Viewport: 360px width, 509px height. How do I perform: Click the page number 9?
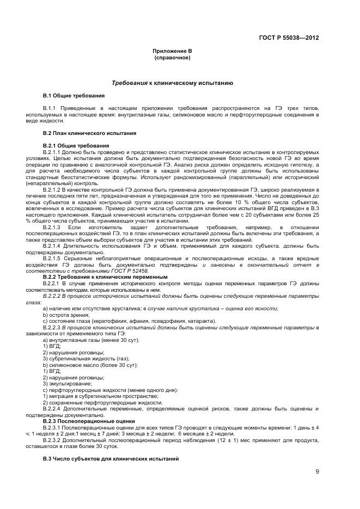tap(316, 471)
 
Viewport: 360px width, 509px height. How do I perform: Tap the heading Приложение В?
tap(172, 51)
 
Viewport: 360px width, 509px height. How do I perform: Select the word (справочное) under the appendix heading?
tap(172, 57)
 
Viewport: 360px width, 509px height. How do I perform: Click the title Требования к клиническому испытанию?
tap(172, 83)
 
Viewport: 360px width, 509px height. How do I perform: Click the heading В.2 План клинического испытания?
tap(85, 133)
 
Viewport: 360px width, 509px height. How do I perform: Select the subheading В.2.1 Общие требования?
tap(76, 145)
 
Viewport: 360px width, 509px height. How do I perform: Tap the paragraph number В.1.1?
tap(51, 108)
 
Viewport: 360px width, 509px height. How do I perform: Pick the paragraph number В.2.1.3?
tap(53, 226)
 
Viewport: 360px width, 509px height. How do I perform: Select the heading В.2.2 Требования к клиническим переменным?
tap(105, 277)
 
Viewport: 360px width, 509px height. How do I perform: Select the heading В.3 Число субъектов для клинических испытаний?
tap(111, 458)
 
